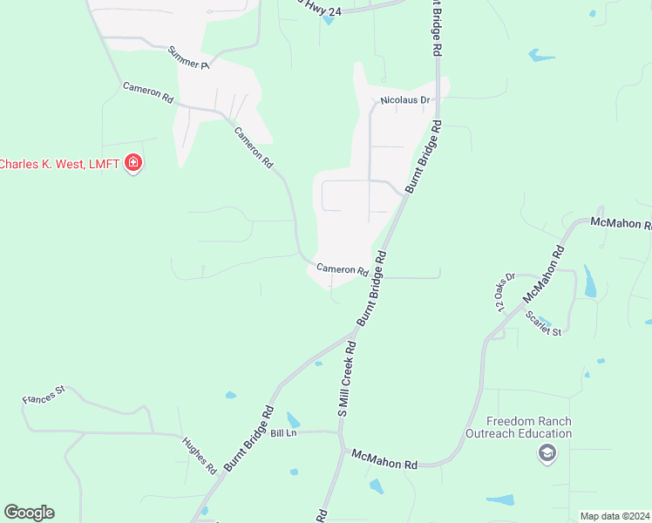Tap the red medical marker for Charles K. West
tap(133, 163)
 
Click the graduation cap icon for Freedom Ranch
tap(547, 452)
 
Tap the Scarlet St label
tap(544, 325)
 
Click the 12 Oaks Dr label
tap(505, 292)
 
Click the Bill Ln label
tap(284, 433)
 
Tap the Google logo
tap(29, 512)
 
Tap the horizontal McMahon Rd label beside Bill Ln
tap(384, 459)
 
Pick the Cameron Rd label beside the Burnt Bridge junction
tap(342, 269)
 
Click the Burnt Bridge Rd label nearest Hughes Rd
tap(249, 438)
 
